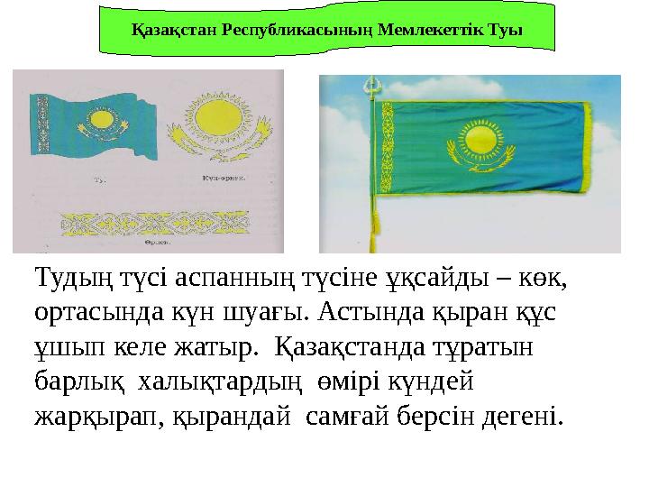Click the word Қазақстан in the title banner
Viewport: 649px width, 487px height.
point(166,27)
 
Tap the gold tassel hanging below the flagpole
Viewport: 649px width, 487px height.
point(370,240)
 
